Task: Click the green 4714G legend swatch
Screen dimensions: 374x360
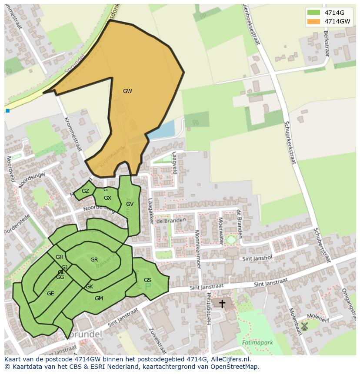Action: [x=313, y=13]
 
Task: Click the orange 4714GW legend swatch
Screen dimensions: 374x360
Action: [x=313, y=21]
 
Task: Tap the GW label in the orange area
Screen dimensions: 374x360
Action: [x=127, y=91]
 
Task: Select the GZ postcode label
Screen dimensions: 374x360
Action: [x=85, y=191]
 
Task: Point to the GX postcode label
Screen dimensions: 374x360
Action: [x=107, y=198]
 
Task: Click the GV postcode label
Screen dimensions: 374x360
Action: [x=130, y=204]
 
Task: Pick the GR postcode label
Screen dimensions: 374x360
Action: [x=94, y=260]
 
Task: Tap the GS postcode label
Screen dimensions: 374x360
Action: [x=147, y=280]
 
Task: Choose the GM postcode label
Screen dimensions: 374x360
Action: [x=99, y=298]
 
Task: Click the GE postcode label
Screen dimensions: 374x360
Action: [x=50, y=294]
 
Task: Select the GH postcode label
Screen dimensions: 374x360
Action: [x=60, y=257]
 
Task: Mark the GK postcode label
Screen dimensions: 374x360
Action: [x=90, y=287]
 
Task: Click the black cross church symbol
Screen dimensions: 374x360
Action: [x=222, y=304]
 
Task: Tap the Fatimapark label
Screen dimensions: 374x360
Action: [x=257, y=343]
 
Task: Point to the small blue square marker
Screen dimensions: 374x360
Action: [x=7, y=111]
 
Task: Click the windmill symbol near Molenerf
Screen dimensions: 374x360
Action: [x=304, y=326]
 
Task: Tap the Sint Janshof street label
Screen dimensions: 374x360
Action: [x=257, y=258]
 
